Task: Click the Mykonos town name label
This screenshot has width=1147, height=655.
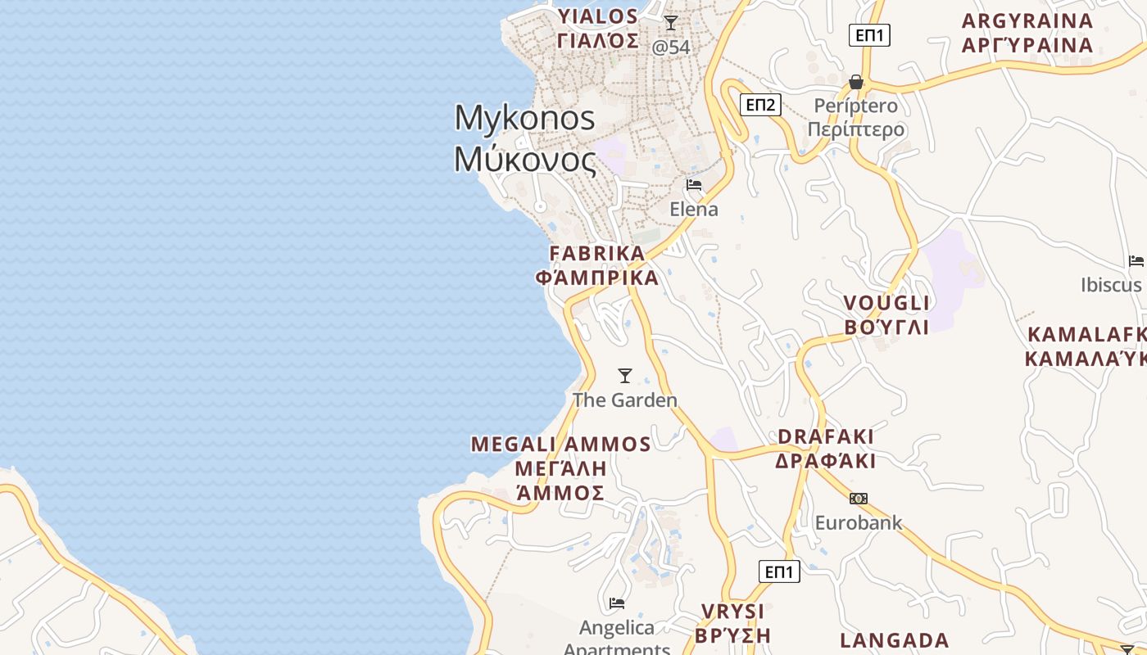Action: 525,138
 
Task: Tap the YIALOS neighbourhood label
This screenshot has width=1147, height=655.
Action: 598,29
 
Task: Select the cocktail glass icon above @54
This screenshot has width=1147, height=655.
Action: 671,23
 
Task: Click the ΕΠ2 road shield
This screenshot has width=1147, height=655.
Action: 760,105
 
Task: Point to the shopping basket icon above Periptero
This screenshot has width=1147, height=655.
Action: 856,82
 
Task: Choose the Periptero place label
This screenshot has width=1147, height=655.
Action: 856,117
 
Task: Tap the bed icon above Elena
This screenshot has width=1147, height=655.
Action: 694,185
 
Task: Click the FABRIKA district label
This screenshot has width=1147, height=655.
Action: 596,264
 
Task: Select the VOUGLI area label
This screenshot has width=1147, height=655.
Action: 887,315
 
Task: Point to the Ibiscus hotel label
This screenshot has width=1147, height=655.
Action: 1111,285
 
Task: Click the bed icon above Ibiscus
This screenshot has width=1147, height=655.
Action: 1136,261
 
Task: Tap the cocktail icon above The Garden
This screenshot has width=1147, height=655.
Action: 625,376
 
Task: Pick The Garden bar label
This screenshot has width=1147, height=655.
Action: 625,400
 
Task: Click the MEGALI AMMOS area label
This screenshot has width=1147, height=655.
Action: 560,468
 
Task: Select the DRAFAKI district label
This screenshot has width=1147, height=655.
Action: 826,449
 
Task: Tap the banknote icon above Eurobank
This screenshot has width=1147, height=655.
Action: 858,499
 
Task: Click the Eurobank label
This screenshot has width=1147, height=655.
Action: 858,522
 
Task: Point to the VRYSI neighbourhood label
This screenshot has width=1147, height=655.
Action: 733,623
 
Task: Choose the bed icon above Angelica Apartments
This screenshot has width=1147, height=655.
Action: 617,603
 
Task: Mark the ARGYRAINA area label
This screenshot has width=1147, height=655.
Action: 1027,33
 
